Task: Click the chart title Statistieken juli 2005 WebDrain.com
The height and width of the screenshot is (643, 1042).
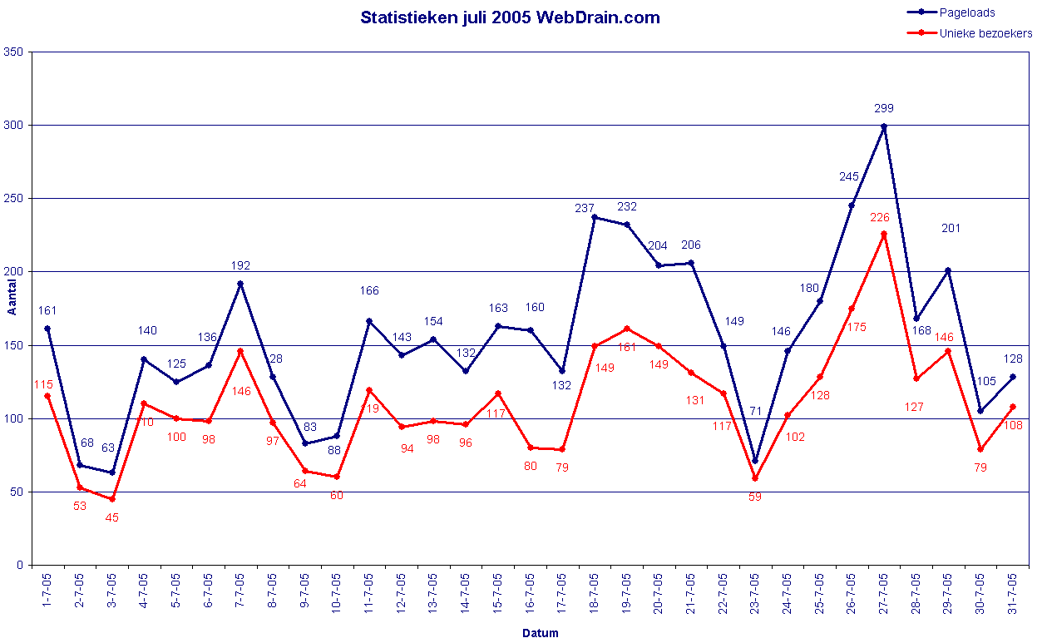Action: point(510,17)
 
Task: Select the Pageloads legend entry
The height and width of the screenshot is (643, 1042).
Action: point(966,12)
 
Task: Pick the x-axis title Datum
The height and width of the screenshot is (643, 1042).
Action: point(540,633)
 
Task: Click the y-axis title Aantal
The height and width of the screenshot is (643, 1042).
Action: point(12,309)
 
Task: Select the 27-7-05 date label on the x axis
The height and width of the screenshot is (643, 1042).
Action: point(884,592)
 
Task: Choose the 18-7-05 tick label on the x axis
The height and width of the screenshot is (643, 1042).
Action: point(595,592)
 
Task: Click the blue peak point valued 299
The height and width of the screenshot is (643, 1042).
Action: point(884,126)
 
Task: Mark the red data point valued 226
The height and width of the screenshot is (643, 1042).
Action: point(884,234)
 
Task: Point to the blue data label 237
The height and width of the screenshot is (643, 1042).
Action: point(585,208)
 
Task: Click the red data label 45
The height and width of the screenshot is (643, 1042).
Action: point(111,517)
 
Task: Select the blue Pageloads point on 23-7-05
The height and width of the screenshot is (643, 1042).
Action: point(755,460)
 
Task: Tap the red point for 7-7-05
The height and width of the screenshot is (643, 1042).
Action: point(240,351)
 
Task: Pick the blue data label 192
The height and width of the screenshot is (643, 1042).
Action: point(240,266)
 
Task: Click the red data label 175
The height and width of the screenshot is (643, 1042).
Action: point(857,327)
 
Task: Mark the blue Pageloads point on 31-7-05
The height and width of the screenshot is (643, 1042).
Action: point(1012,377)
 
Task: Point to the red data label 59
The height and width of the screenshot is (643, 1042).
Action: point(754,497)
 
